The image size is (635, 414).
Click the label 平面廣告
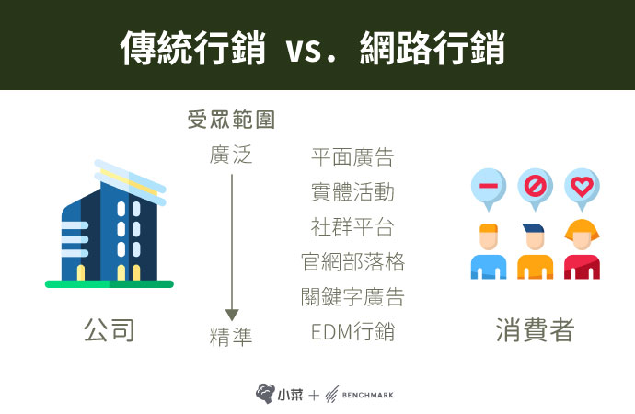352,157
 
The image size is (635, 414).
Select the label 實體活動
352,192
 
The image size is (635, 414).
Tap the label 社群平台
352,226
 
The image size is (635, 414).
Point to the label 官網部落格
352,262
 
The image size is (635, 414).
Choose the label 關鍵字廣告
352,296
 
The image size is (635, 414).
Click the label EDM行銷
352,332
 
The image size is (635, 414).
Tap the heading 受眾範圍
231,120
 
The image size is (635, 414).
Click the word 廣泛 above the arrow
231,155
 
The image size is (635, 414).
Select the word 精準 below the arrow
231,337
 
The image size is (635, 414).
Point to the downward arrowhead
232,315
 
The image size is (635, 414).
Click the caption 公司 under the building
110,330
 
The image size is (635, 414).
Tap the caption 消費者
536,330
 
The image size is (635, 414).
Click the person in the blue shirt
489,251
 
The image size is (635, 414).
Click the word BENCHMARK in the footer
368,395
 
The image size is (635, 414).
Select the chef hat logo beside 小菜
265,394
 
